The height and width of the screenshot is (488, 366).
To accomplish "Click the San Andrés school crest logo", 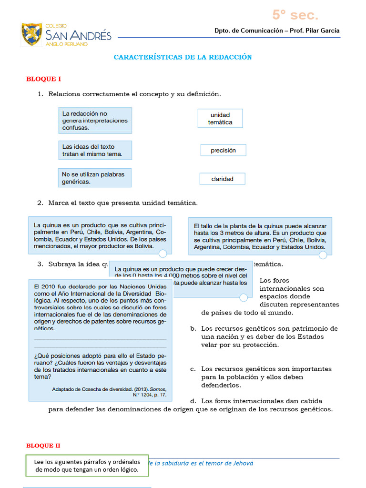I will (x=32, y=34).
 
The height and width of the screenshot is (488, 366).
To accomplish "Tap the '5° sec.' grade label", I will (x=295, y=15).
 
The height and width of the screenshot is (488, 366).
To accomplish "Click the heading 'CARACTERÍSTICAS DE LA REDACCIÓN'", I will (x=183, y=57).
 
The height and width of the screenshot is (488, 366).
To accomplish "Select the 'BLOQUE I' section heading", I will (x=43, y=79).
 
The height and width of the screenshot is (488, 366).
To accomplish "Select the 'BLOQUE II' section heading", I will (x=43, y=446).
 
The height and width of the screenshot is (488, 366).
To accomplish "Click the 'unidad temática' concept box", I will (x=220, y=119).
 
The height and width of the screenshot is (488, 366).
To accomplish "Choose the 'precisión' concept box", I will (x=223, y=150).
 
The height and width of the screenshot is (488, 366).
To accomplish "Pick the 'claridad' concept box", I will (x=223, y=179).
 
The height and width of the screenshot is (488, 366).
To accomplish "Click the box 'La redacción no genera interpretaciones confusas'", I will (x=95, y=121).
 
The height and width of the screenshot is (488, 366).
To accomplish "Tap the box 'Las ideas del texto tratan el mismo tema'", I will (x=95, y=150).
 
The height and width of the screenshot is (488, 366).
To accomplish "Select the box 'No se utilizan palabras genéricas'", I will (x=94, y=178).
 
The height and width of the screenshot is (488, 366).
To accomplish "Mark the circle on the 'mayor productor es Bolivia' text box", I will (x=163, y=254).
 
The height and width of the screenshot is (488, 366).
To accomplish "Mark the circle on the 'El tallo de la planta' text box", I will (x=323, y=255).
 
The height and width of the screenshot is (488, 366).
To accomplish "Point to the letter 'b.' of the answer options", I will (x=193, y=329).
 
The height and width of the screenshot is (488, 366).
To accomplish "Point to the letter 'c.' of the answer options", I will (x=193, y=369).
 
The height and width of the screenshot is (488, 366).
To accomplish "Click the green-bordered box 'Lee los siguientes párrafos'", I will (x=87, y=466).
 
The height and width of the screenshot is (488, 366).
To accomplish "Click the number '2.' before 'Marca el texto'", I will (x=41, y=203).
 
